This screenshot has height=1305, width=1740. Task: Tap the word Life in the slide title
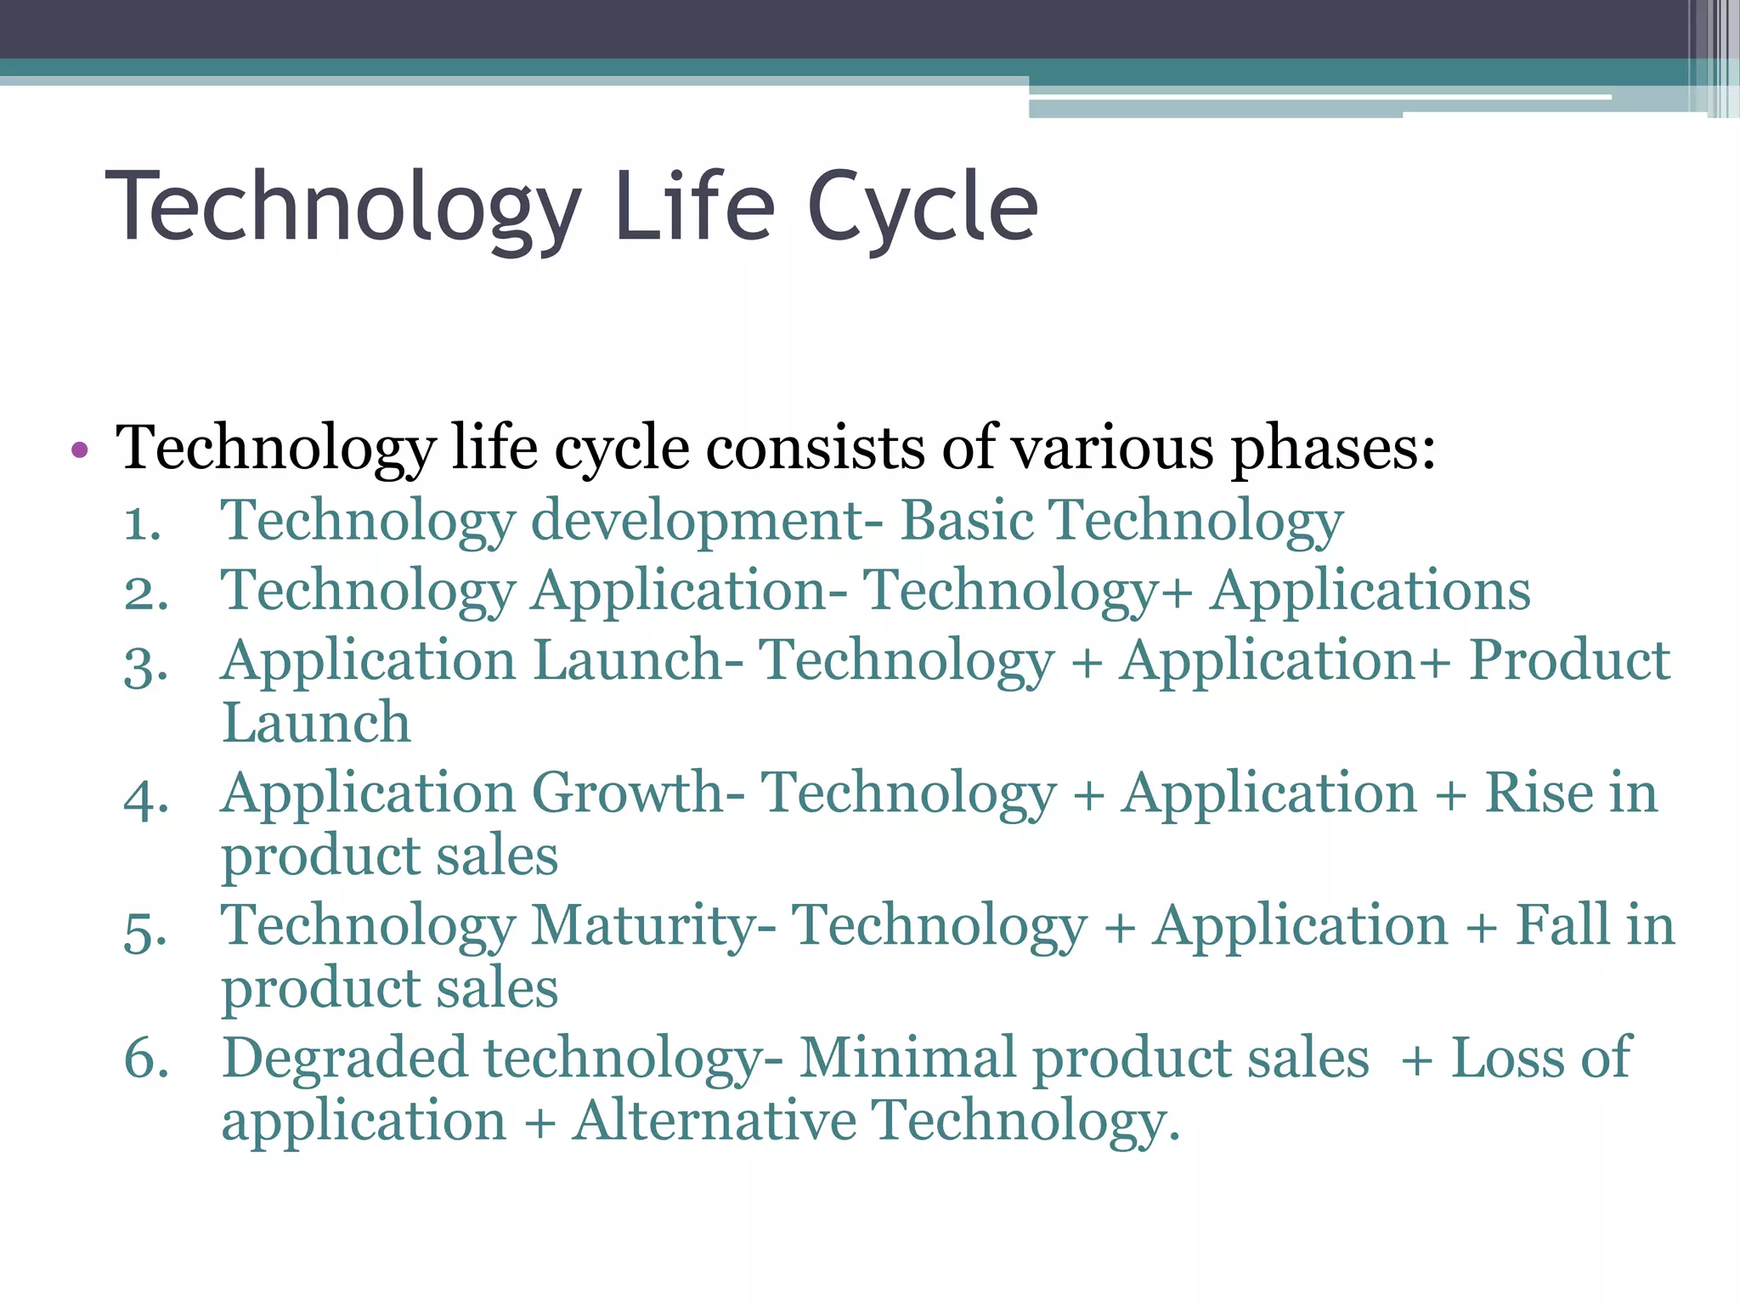pyautogui.click(x=694, y=206)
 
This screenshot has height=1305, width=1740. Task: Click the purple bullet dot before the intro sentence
pyautogui.click(x=80, y=450)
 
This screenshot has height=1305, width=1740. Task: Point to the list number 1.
pyautogui.click(x=142, y=523)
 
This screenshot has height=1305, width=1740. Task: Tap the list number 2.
pyautogui.click(x=145, y=593)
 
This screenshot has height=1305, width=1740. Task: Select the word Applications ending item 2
pyautogui.click(x=1370, y=590)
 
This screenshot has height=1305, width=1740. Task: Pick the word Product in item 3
pyautogui.click(x=1569, y=660)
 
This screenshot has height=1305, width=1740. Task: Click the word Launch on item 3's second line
pyautogui.click(x=315, y=723)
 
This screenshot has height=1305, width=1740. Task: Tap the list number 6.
pyautogui.click(x=145, y=1060)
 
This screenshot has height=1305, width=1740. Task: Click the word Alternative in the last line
pyautogui.click(x=714, y=1121)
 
